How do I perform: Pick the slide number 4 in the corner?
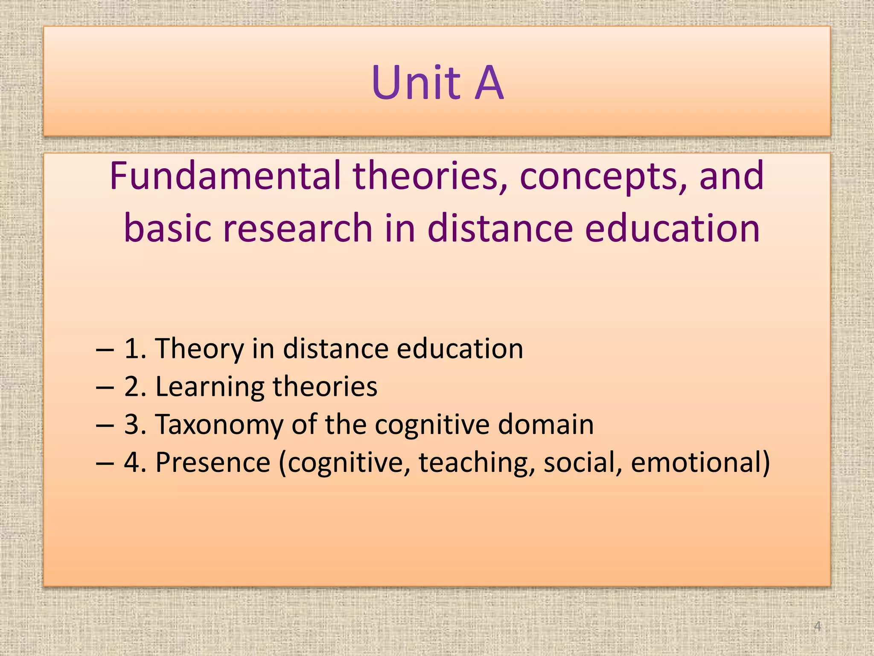(817, 626)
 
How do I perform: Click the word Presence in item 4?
(213, 462)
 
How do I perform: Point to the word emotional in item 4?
(700, 462)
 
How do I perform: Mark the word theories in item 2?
(325, 387)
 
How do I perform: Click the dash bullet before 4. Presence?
(105, 463)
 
